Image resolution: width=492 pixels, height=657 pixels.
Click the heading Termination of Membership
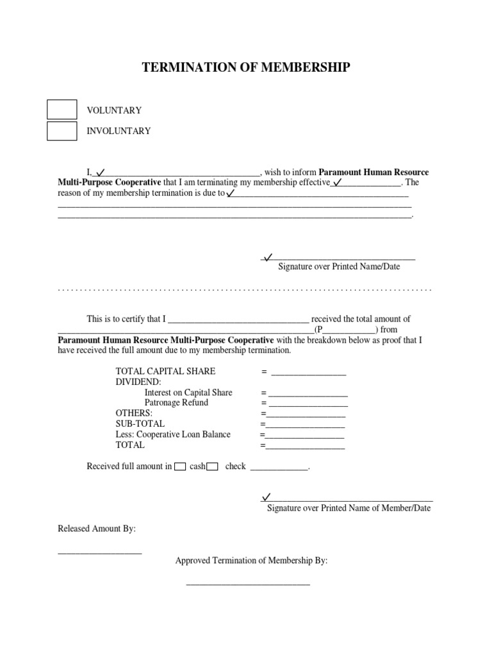point(246,67)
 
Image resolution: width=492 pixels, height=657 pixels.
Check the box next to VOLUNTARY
point(62,110)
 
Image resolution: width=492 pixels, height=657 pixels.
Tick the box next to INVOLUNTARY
point(62,131)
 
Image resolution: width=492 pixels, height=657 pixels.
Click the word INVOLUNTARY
point(119,131)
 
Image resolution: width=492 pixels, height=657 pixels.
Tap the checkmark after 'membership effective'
point(338,182)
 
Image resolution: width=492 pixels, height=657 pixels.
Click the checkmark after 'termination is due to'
point(231,192)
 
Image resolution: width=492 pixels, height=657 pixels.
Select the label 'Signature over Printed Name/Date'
point(338,266)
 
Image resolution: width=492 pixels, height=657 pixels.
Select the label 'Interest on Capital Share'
point(188,392)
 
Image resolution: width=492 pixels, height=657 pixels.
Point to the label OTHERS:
point(134,413)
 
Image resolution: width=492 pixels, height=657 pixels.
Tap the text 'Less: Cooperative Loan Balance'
point(173,434)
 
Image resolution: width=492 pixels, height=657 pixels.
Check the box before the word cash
point(180,466)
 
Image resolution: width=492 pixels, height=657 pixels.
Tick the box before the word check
point(213,466)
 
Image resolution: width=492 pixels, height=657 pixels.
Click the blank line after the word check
point(279,469)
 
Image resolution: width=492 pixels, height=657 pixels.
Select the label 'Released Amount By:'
point(97,529)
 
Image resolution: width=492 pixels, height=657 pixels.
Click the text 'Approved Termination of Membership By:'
point(251,560)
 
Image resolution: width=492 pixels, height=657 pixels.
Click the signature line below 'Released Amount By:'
point(99,552)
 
